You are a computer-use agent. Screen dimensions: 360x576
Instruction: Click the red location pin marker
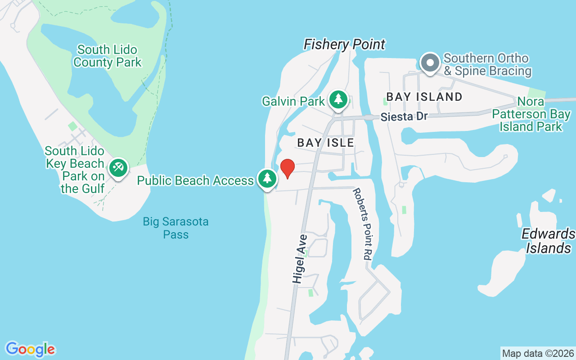[287, 168]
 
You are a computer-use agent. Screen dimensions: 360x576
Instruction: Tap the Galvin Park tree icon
[338, 100]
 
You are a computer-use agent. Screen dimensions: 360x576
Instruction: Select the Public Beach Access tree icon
[267, 179]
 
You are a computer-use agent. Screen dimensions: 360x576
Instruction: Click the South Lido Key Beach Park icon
[118, 168]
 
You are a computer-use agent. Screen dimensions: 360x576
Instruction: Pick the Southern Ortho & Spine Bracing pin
[430, 63]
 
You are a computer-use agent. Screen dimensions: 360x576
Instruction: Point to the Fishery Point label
[344, 45]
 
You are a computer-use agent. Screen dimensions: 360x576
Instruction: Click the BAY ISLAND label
[424, 97]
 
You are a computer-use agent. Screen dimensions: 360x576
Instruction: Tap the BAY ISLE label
[325, 143]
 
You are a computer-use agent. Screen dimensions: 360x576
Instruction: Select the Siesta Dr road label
[404, 117]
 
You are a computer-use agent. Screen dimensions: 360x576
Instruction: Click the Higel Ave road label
[300, 259]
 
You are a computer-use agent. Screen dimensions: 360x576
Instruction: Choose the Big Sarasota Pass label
[175, 228]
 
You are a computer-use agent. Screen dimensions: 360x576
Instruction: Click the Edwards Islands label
[548, 241]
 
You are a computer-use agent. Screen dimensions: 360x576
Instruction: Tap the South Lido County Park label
[108, 56]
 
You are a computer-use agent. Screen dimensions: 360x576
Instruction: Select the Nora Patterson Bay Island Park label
[531, 114]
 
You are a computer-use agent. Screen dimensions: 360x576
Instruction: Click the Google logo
[30, 349]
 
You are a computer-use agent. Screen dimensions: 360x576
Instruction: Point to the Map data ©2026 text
[538, 353]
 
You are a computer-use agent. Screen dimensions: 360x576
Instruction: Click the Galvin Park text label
[293, 101]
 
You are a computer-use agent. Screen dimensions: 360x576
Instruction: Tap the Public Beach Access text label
[195, 180]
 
